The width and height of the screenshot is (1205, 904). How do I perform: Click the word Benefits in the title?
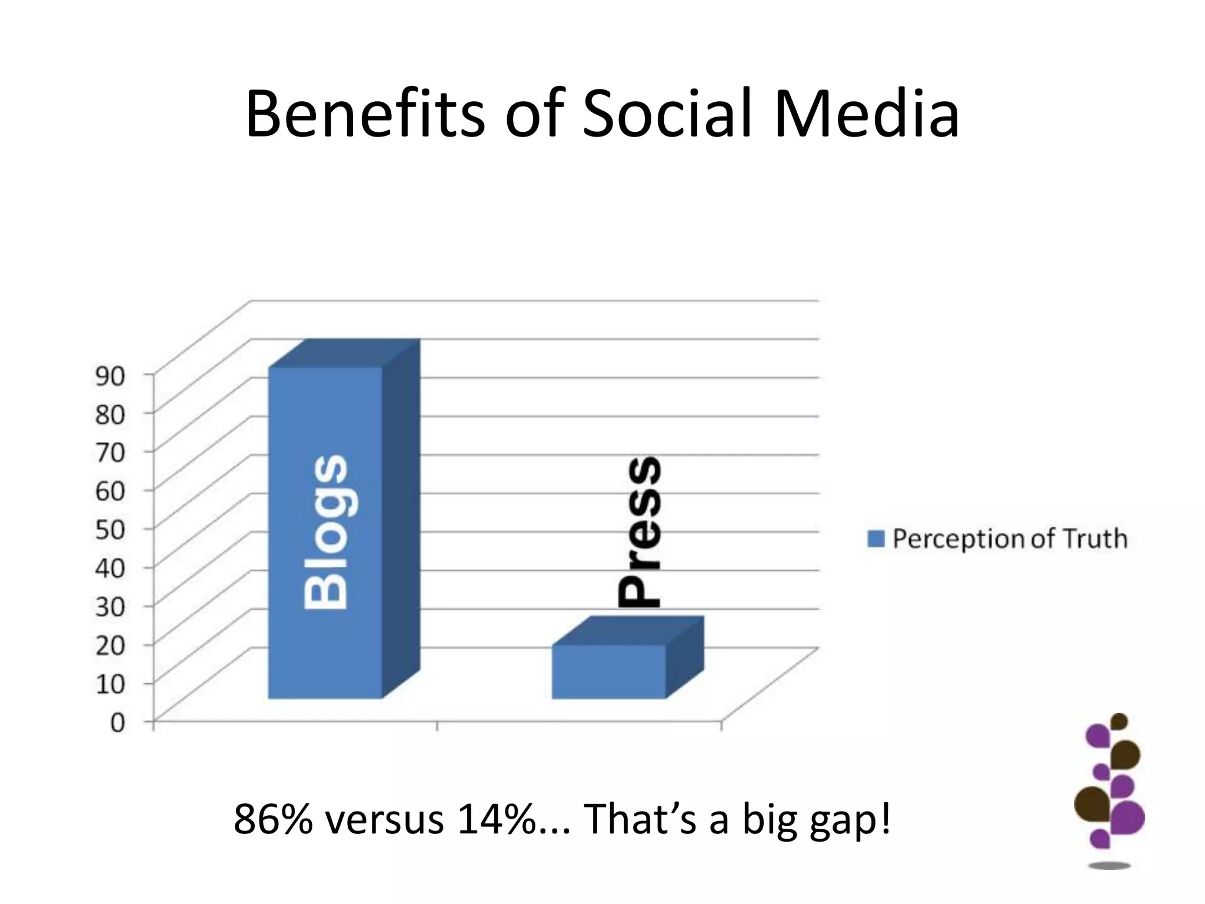(365, 113)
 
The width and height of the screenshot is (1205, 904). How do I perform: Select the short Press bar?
(608, 672)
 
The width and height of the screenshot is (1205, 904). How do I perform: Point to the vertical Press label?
(640, 532)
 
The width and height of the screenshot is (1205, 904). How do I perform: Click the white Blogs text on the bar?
(325, 532)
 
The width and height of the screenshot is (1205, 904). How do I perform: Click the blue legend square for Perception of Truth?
(876, 539)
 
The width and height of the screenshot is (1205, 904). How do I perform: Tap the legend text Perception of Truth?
(1010, 539)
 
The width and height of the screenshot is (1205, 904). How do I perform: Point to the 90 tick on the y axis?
(110, 376)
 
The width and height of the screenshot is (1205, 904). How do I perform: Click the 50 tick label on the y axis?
(110, 529)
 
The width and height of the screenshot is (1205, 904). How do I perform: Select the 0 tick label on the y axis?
(118, 722)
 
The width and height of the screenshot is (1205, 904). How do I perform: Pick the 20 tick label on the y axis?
(110, 645)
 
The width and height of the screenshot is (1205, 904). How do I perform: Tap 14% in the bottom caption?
(499, 819)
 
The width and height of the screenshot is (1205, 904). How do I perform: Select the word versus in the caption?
(385, 819)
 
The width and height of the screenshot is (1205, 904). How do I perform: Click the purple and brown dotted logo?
(1110, 789)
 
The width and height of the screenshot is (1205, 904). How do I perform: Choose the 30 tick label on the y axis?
(110, 606)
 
